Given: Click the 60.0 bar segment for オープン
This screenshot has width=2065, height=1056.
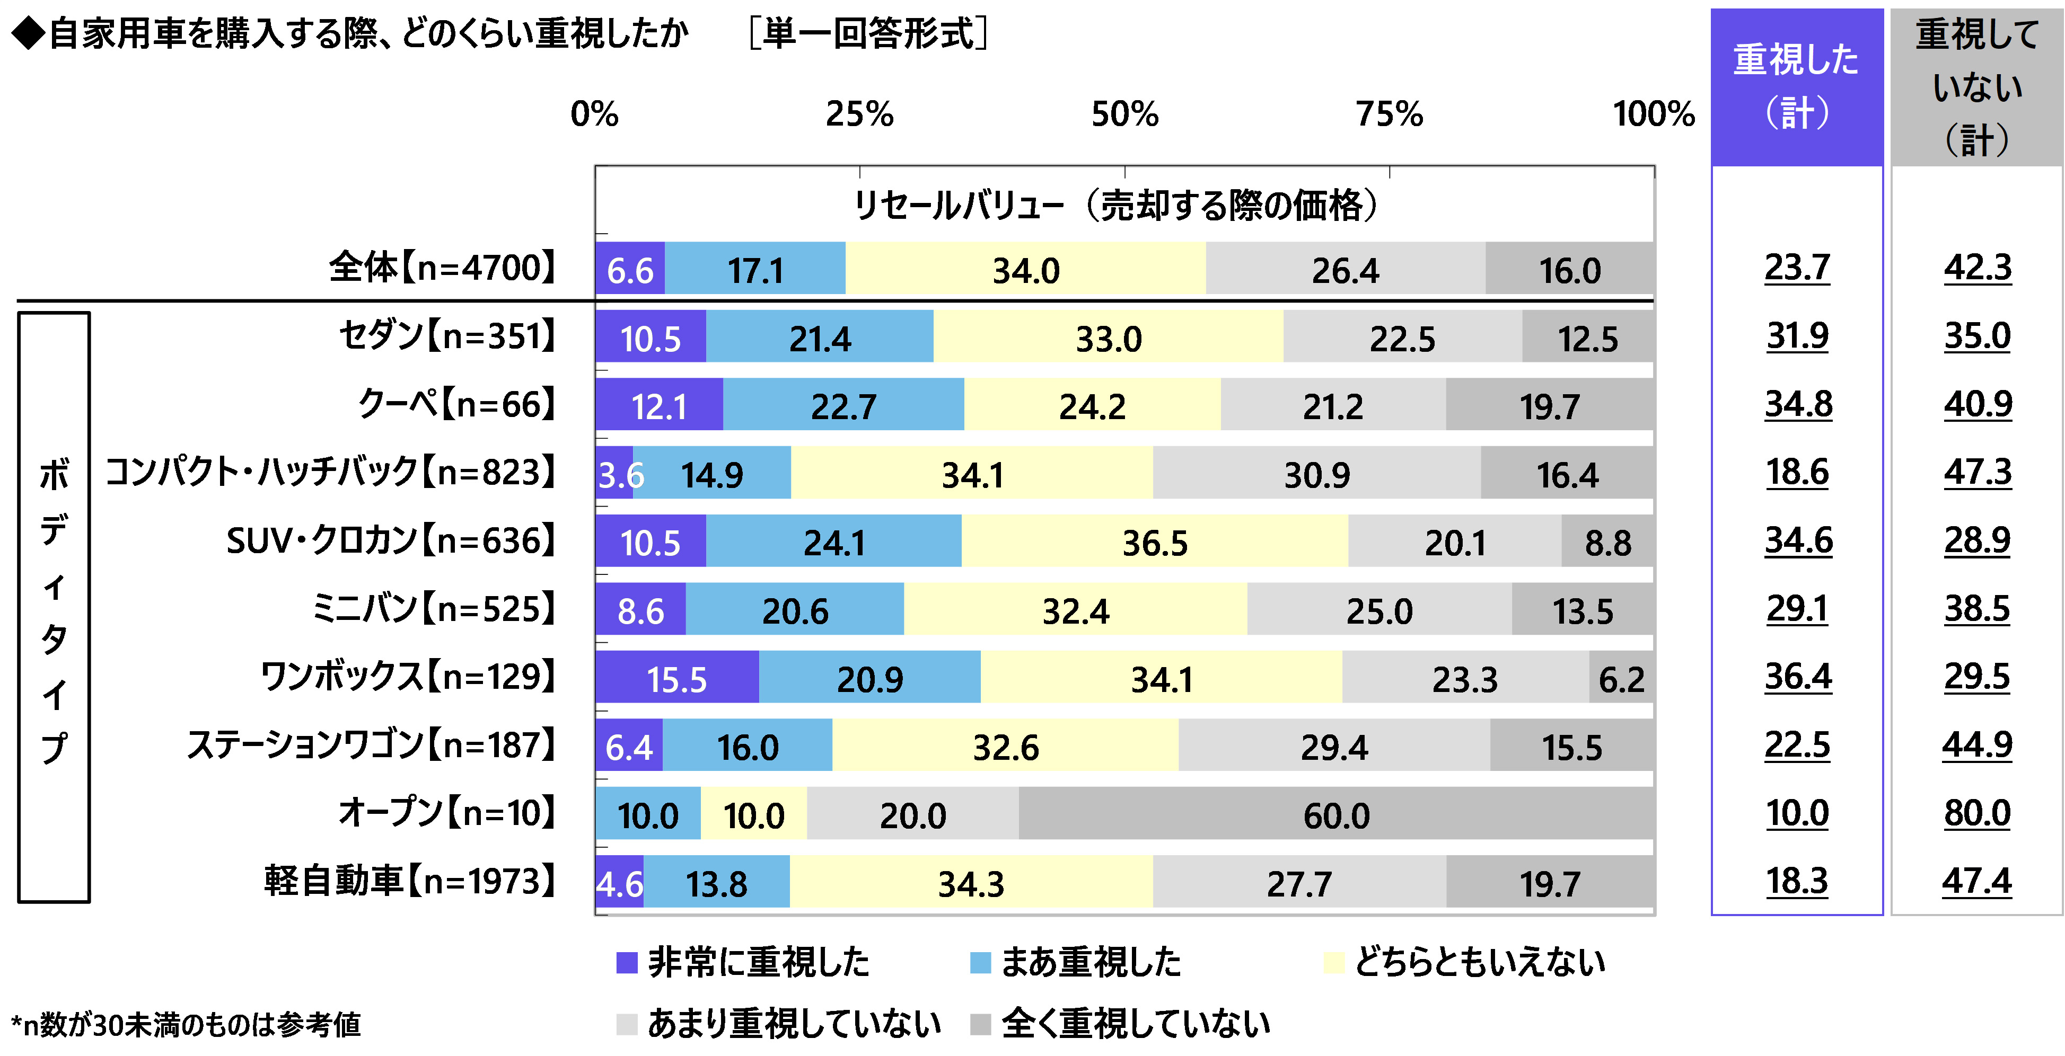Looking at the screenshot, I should point(1337,814).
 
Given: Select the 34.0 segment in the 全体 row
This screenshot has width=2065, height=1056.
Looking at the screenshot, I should point(1025,269).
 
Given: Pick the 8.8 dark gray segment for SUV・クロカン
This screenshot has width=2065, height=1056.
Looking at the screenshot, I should point(1607,542).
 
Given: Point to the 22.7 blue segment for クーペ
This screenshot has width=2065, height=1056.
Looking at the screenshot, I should point(843,405).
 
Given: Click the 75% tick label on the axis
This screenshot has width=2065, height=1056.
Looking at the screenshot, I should point(1389,114).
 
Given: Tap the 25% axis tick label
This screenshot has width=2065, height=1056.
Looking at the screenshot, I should point(859,114).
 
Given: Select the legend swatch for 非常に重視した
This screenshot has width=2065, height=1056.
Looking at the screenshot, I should point(626,962).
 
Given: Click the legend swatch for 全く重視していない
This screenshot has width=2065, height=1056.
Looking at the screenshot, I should point(980,1024).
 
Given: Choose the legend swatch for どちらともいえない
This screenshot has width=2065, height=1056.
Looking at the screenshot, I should point(1333,962).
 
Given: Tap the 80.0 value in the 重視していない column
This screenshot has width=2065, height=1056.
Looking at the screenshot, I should point(1977,813).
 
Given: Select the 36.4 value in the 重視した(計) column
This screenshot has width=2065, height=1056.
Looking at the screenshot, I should point(1797,677).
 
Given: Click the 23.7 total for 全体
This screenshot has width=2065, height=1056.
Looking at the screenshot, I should point(1797,268).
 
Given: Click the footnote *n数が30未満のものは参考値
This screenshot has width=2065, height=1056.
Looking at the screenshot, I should point(186,1024).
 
